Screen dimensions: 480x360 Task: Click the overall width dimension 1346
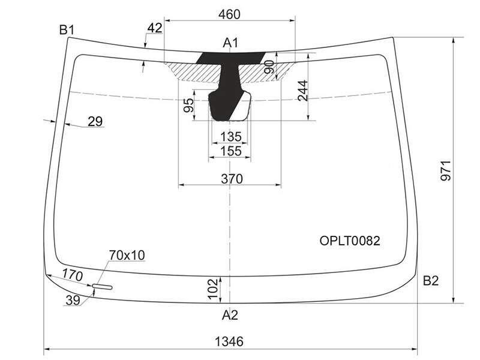[229, 341]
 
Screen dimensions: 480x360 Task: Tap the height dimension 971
[446, 170]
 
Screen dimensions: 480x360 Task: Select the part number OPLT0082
[350, 241]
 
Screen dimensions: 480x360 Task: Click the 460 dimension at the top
[229, 14]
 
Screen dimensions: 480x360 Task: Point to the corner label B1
[67, 30]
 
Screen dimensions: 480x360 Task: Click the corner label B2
[431, 280]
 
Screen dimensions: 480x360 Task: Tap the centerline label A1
[230, 43]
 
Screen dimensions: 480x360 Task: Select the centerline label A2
[230, 315]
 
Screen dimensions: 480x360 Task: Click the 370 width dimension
[232, 179]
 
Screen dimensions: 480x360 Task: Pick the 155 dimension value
[231, 151]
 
